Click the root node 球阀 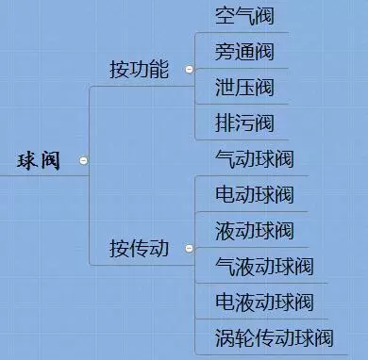pyautogui.click(x=39, y=161)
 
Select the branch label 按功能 pyautogui.click(x=140, y=70)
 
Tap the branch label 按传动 pyautogui.click(x=140, y=250)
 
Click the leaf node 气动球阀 pyautogui.click(x=254, y=159)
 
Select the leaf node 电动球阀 pyautogui.click(x=254, y=195)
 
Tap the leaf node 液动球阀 pyautogui.click(x=254, y=231)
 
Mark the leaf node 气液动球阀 pyautogui.click(x=264, y=267)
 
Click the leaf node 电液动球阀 pyautogui.click(x=264, y=303)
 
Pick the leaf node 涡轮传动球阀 pyautogui.click(x=275, y=338)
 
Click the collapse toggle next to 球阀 pyautogui.click(x=84, y=161)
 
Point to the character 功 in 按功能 pyautogui.click(x=140, y=70)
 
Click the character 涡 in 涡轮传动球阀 pyautogui.click(x=226, y=338)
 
